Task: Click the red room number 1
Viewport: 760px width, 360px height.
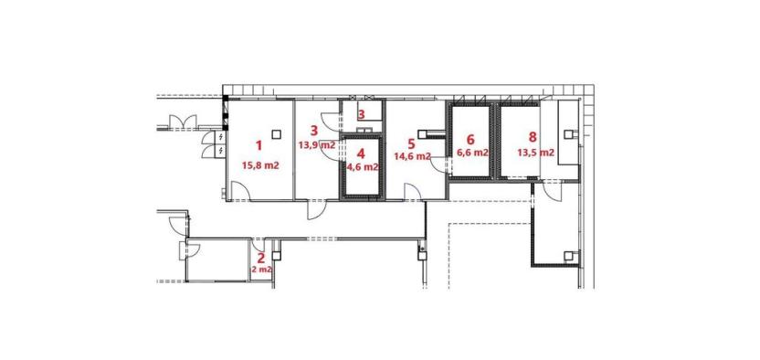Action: (259, 145)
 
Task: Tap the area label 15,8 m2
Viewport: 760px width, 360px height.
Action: (259, 165)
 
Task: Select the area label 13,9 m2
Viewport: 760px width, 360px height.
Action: (316, 144)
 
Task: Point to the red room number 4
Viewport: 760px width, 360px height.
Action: (362, 154)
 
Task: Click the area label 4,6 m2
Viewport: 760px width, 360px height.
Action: (362, 167)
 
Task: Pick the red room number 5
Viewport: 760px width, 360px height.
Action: (411, 143)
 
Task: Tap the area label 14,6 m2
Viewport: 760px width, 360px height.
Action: (412, 156)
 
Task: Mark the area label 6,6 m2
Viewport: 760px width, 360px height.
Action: (471, 153)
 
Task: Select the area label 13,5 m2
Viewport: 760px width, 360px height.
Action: (534, 153)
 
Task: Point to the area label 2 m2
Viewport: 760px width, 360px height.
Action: (261, 270)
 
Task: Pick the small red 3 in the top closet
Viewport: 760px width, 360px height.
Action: (361, 115)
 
